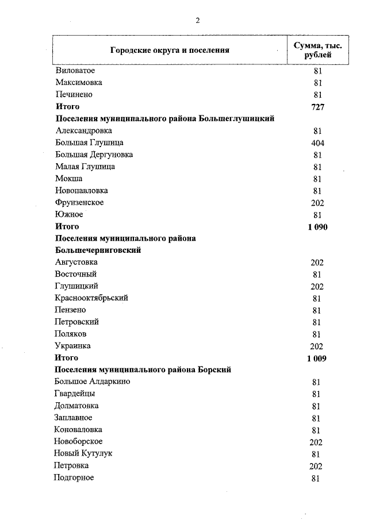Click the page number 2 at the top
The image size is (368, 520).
click(197, 21)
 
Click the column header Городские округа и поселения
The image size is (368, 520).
click(170, 50)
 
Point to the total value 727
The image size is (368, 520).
click(317, 107)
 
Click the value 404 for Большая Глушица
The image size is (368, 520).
click(317, 142)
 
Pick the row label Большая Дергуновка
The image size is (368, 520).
click(94, 155)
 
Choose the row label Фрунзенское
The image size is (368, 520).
click(80, 203)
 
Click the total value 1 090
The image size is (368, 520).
click(317, 227)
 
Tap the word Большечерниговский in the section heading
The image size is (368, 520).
click(98, 251)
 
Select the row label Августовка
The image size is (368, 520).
click(76, 263)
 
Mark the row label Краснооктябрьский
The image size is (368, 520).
click(91, 298)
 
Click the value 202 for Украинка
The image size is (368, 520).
click(317, 346)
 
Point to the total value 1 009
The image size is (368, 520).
click(317, 359)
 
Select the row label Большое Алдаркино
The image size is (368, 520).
click(92, 382)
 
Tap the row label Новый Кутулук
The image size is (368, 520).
click(83, 454)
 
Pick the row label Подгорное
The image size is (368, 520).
click(74, 478)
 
